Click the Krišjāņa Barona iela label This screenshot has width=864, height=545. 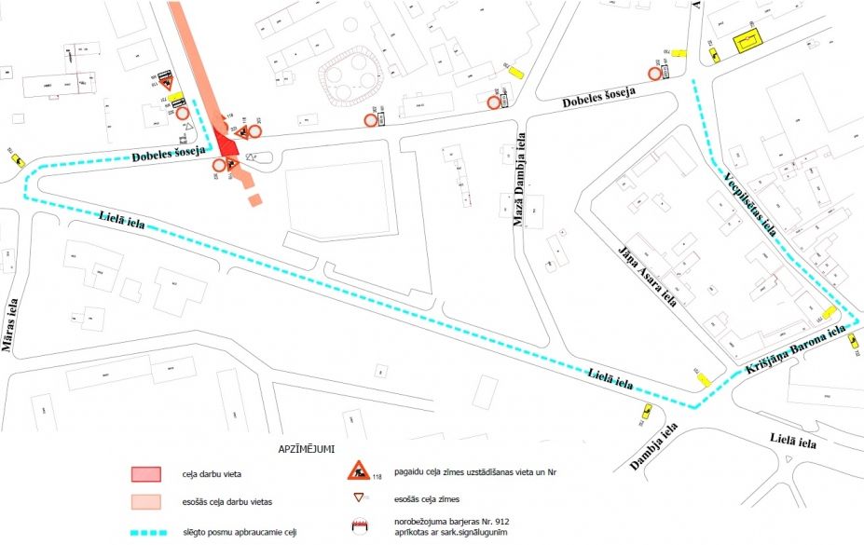coord(795,351)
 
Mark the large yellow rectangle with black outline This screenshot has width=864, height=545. coord(747,43)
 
